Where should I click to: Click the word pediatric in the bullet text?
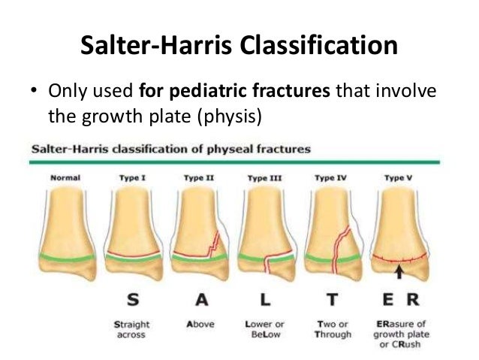point(198,92)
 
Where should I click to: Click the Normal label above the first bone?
point(65,178)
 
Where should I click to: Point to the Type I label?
point(131,178)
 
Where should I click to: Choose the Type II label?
point(197,178)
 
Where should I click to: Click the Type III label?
point(264,178)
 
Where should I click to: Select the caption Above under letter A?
point(197,325)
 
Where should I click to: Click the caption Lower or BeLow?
point(263,329)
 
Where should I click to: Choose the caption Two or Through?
point(328,329)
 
